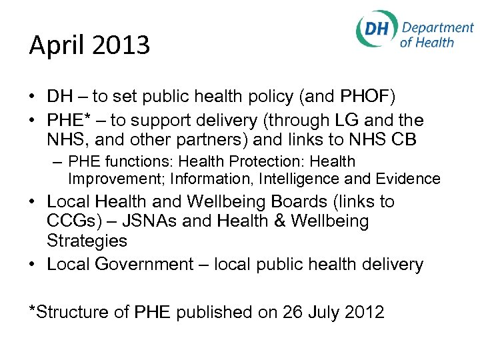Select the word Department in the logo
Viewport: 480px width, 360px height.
tap(437, 28)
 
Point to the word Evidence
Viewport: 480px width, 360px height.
tap(411, 179)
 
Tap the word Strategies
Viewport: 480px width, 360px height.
tap(87, 240)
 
